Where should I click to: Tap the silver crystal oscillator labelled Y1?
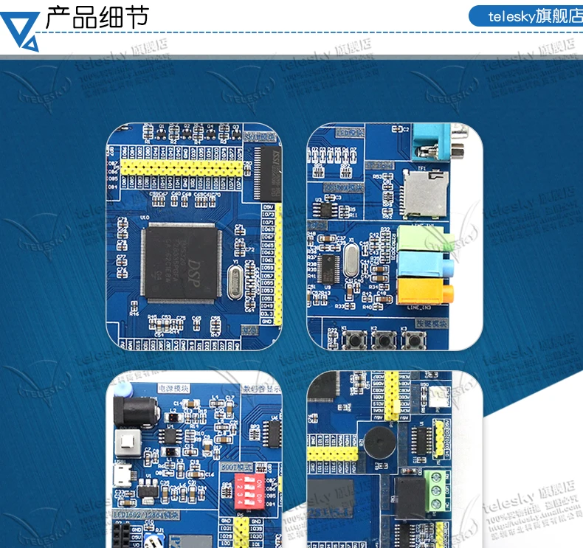[x=235, y=282]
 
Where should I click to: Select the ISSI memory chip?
[x=268, y=173]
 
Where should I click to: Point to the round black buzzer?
[x=377, y=444]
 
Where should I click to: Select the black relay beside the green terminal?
[x=408, y=498]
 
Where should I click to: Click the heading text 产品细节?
[x=97, y=16]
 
